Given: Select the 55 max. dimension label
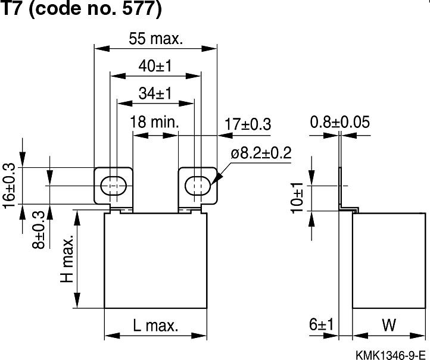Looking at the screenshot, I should tap(155, 40).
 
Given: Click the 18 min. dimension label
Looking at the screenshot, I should tap(154, 123).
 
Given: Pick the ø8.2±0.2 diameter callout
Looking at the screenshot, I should tap(261, 153).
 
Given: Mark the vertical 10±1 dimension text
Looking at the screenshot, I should tap(298, 196).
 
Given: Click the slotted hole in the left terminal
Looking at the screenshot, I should tap(113, 186).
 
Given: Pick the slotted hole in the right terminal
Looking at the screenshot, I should tap(198, 185).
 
